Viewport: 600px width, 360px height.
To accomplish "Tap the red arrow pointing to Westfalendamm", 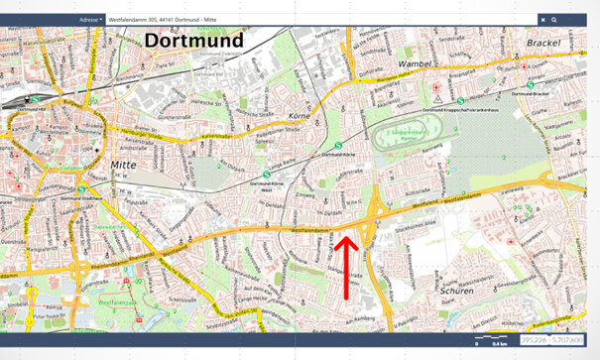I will pos(345,266).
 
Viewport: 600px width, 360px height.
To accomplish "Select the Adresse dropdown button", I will pos(90,19).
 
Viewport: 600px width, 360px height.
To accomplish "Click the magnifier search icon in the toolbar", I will pos(554,19).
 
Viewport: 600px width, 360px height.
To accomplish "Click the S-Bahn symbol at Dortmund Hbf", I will pos(35,100).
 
